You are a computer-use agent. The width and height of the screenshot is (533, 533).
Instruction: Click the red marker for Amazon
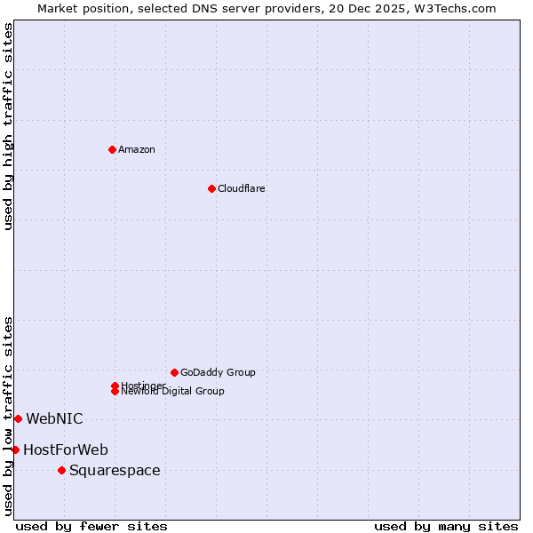(112, 149)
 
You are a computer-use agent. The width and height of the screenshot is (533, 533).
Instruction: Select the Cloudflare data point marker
(211, 188)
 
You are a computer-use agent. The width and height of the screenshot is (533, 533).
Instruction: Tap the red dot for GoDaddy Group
(174, 372)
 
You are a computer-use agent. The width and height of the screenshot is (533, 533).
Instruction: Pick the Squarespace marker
(61, 470)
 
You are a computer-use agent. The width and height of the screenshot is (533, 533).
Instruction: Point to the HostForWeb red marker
(15, 449)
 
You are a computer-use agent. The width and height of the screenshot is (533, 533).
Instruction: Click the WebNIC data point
(18, 418)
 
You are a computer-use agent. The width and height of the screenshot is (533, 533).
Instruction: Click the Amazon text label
(137, 149)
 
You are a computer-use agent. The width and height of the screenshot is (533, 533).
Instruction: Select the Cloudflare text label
(242, 188)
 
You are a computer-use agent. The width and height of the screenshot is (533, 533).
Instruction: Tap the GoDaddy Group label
(218, 372)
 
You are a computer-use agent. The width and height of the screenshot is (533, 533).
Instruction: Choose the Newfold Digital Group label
(172, 392)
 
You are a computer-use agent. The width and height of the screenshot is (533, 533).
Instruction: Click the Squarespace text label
(115, 470)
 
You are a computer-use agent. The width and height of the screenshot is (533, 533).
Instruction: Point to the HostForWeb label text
(66, 449)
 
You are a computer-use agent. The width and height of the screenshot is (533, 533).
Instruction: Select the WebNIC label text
(54, 418)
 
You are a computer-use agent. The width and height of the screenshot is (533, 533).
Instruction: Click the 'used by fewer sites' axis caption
(91, 527)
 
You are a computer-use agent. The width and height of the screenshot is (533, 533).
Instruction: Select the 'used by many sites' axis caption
(446, 527)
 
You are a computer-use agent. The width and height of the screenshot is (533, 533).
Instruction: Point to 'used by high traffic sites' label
(8, 126)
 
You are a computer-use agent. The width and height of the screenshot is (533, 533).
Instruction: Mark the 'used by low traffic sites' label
(8, 416)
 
